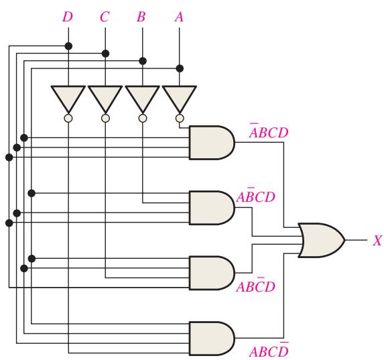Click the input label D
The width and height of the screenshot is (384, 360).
tap(68, 17)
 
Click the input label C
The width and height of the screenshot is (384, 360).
tap(105, 17)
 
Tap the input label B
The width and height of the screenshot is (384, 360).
tap(141, 17)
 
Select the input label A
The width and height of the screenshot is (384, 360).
tap(179, 17)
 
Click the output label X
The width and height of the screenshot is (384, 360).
tap(377, 241)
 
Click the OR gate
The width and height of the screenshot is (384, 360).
tap(321, 240)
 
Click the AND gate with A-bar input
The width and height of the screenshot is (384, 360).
tap(212, 143)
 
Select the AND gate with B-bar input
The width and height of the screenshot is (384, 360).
tap(212, 208)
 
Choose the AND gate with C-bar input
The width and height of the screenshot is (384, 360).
tap(212, 273)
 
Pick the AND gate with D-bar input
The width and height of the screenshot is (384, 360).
tap(212, 339)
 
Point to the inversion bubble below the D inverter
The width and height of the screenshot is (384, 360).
tap(68, 118)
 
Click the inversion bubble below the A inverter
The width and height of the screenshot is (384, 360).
tap(180, 118)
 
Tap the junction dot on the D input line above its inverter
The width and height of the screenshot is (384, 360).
tap(68, 46)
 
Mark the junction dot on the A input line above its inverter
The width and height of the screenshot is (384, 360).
tap(180, 68)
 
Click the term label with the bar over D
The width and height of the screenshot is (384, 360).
tap(269, 350)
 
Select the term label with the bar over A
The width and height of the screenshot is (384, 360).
tap(269, 131)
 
